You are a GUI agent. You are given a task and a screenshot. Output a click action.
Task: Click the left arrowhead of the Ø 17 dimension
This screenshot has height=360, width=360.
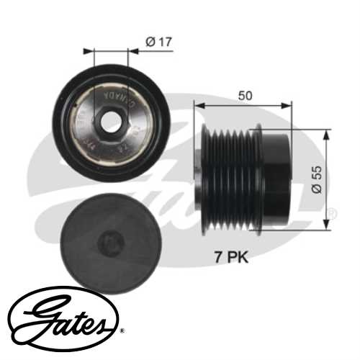click(x=89, y=51)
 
